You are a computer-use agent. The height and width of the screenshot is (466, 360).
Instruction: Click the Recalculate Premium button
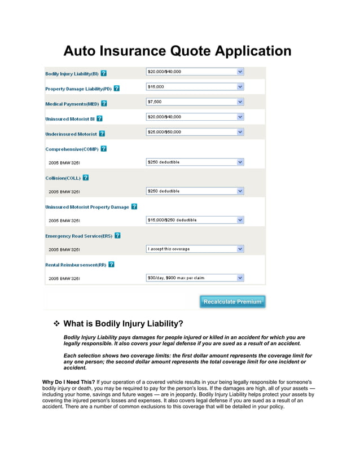232,302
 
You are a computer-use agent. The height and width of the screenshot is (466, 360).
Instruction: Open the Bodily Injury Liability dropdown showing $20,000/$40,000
195,72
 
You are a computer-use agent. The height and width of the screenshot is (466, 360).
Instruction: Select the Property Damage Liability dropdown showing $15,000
195,87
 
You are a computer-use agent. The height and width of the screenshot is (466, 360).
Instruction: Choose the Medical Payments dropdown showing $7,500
195,102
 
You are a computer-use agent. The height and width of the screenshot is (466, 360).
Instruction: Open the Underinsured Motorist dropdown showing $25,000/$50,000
195,132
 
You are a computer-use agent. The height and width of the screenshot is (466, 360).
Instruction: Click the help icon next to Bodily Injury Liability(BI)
104,74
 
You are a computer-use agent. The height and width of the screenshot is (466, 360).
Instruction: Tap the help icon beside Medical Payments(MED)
104,104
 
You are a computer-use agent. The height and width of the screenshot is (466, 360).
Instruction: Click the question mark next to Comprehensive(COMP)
104,149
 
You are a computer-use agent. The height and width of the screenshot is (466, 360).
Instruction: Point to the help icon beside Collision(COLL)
86,178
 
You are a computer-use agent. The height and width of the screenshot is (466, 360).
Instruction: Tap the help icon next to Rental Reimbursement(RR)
111,264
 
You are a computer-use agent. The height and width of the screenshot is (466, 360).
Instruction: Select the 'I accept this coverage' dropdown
195,249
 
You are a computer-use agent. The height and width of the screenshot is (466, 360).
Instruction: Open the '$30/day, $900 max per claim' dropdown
195,278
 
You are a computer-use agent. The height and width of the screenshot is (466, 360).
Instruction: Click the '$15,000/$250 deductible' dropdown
195,220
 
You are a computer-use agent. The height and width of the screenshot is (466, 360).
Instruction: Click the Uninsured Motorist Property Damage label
87,207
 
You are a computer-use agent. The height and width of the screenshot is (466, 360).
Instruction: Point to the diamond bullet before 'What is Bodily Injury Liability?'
56,324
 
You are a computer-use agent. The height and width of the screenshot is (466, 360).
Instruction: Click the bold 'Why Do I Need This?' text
68,382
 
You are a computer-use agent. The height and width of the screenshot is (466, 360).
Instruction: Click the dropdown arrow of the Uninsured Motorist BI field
240,117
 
